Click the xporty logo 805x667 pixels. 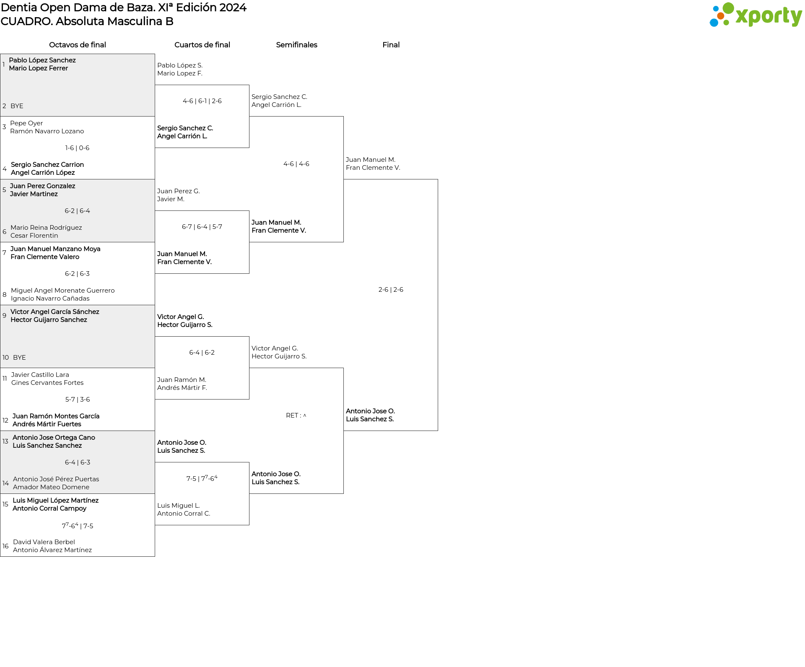click(x=756, y=15)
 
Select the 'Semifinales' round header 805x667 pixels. click(x=296, y=45)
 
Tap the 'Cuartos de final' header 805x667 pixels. click(x=202, y=45)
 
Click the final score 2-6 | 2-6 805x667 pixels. click(x=391, y=290)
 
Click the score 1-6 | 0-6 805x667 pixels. click(x=77, y=148)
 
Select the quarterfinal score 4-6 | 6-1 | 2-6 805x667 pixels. click(x=202, y=101)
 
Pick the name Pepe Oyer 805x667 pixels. click(x=26, y=123)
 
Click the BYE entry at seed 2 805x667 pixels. click(x=17, y=106)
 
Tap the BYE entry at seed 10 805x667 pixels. click(x=19, y=358)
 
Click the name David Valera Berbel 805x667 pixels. click(x=44, y=542)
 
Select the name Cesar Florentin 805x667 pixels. click(x=34, y=236)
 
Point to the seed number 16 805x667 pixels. click(x=5, y=546)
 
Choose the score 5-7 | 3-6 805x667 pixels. click(x=78, y=400)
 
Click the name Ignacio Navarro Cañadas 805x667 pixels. click(x=50, y=298)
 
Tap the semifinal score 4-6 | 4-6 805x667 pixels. click(x=296, y=164)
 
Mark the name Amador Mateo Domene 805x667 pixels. click(x=51, y=487)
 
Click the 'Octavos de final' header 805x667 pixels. click(x=78, y=45)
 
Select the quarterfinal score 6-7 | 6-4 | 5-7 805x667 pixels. click(x=202, y=227)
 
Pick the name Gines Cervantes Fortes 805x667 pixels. click(x=47, y=383)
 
